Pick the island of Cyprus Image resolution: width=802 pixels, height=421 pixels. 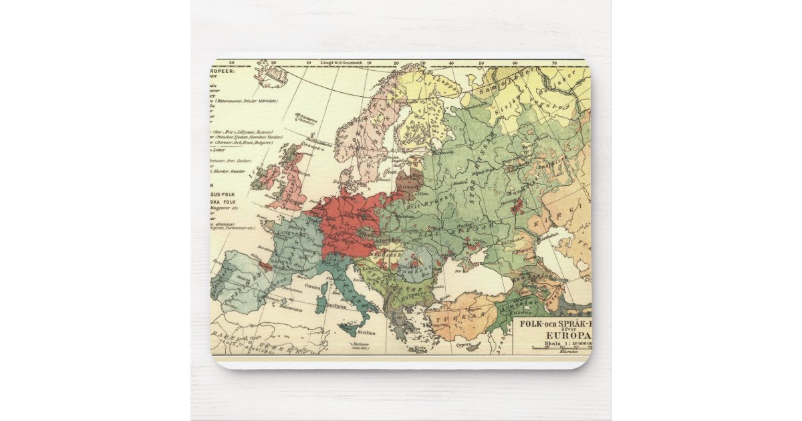pyautogui.click(x=473, y=346)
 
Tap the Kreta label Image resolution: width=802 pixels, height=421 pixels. pyautogui.click(x=420, y=348)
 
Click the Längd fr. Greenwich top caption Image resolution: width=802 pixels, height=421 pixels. pyautogui.click(x=340, y=62)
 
